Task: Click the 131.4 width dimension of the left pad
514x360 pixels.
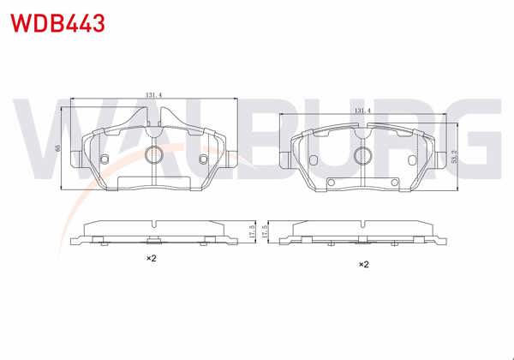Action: pyautogui.click(x=154, y=97)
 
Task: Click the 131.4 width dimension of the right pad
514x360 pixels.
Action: pyautogui.click(x=363, y=111)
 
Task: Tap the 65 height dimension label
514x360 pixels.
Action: pyautogui.click(x=58, y=148)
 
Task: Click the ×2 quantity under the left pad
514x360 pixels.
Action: pyautogui.click(x=150, y=258)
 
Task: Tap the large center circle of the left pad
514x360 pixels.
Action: pyautogui.click(x=153, y=155)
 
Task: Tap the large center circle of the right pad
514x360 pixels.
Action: pyautogui.click(x=362, y=155)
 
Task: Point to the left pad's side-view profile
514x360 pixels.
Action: pyautogui.click(x=153, y=232)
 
